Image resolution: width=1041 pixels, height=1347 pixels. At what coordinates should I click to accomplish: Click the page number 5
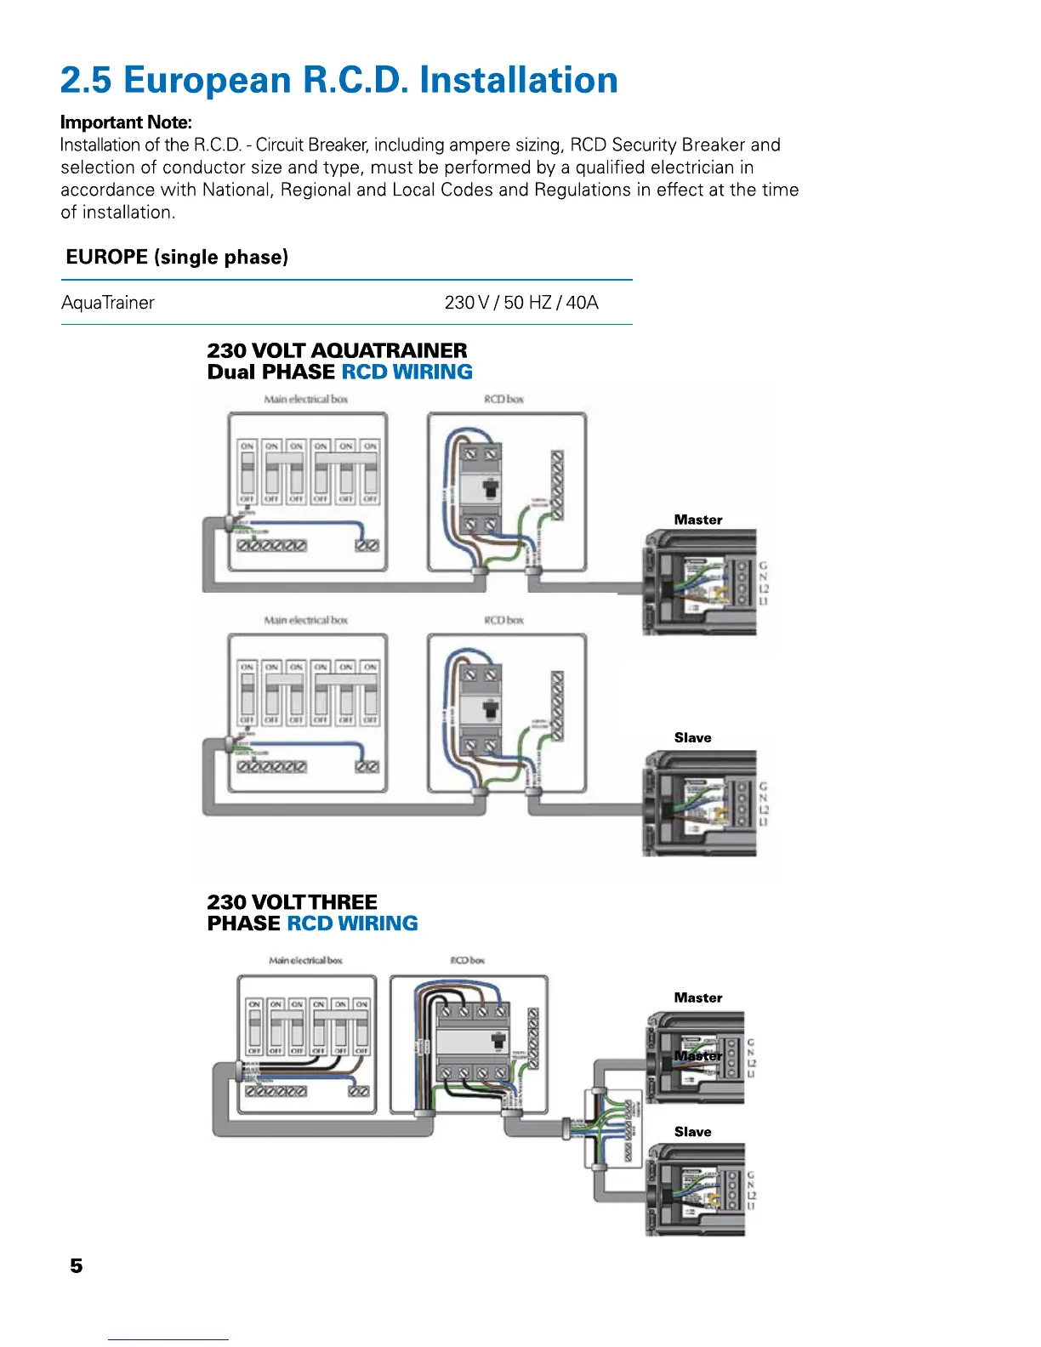coord(77,1266)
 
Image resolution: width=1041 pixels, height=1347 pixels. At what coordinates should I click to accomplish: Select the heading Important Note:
coord(126,122)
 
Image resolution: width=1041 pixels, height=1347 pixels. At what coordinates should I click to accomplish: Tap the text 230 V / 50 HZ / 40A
coord(521,303)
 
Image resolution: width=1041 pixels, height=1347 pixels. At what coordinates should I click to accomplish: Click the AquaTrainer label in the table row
coord(108,303)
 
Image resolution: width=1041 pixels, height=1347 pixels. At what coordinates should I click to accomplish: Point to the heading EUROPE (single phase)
coord(177,257)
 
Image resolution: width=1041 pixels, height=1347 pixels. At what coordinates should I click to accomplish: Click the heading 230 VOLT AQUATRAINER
coord(337,350)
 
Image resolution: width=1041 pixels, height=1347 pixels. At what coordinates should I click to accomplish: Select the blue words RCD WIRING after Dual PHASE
coord(407,372)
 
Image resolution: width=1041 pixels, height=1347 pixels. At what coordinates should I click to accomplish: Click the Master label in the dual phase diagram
coord(697,520)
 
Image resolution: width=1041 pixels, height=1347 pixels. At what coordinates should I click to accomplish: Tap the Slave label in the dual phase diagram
coord(692,738)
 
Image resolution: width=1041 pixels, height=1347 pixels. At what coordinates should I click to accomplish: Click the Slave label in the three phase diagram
coord(692,1132)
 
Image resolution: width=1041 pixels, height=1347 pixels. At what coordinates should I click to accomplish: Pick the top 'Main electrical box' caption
coord(305,399)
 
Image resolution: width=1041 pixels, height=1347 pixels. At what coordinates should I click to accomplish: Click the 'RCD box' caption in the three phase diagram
coord(467,960)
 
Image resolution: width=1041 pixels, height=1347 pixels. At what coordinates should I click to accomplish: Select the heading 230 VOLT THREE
coord(292,902)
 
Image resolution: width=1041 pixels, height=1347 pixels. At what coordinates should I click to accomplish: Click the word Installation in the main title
coord(519,81)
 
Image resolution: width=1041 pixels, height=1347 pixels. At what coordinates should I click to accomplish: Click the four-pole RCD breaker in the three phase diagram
coord(472,1043)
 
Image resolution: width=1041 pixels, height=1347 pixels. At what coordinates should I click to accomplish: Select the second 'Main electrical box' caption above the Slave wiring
coord(305,620)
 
